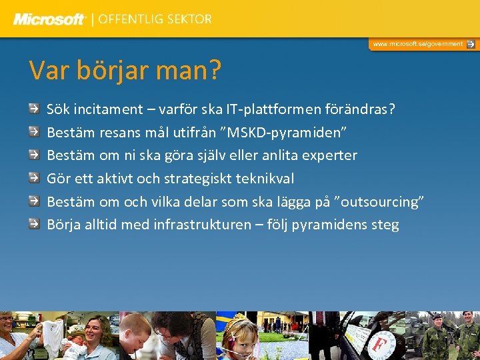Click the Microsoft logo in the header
pyautogui.click(x=49, y=19)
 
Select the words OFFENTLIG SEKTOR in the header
pyautogui.click(x=155, y=19)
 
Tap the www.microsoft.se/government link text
pyautogui.click(x=417, y=44)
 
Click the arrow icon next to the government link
pyautogui.click(x=471, y=44)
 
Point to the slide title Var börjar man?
pyautogui.click(x=125, y=70)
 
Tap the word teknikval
pyautogui.click(x=265, y=178)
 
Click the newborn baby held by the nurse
pyautogui.click(x=73, y=347)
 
